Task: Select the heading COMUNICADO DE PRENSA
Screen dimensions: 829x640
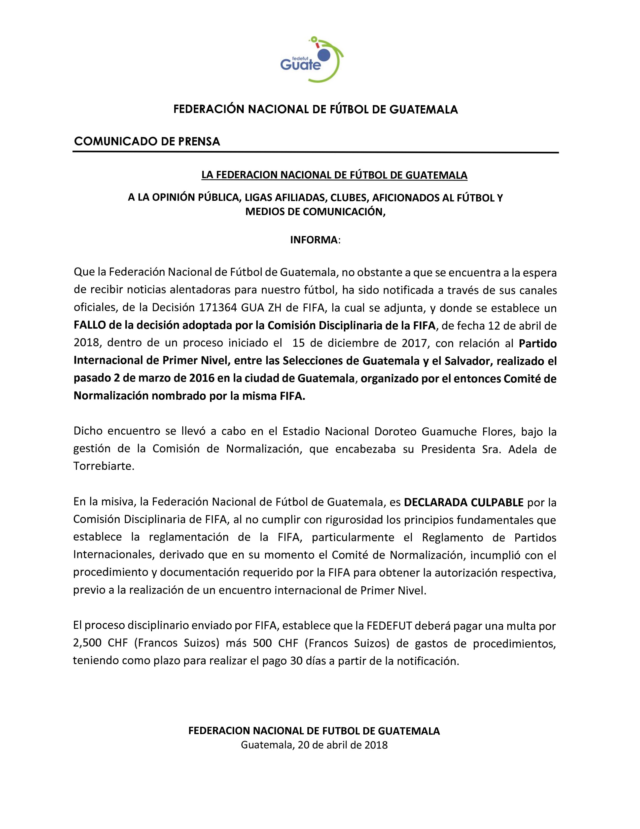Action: [147, 142]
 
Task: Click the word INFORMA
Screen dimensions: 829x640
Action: [314, 240]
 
